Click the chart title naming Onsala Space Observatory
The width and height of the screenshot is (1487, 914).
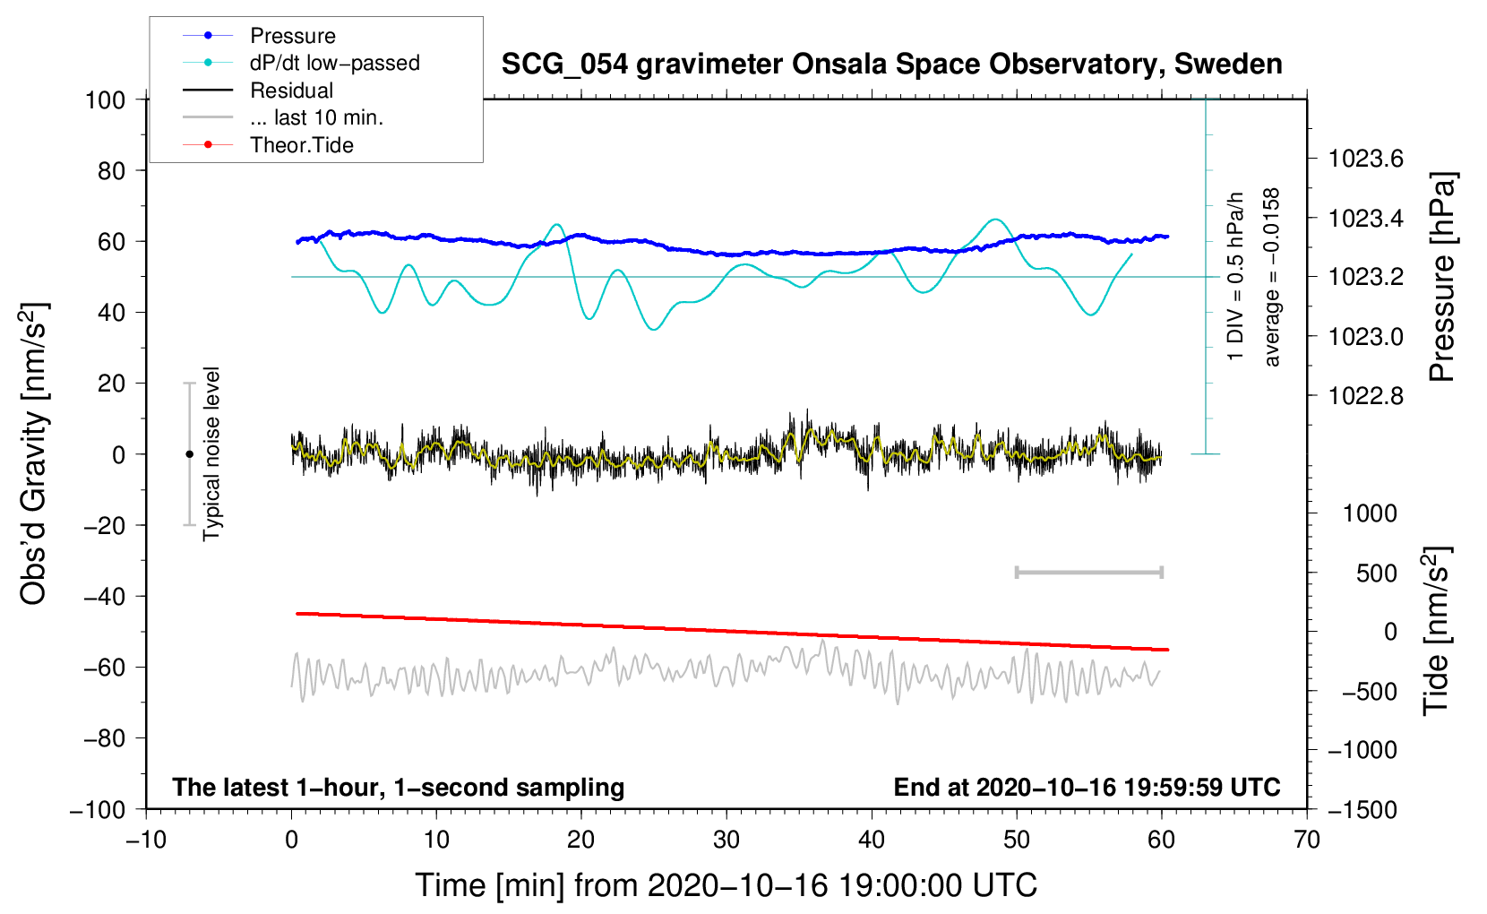coord(891,65)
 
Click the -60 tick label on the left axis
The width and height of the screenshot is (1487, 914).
coord(105,668)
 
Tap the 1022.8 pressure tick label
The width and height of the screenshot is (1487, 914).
coord(1365,397)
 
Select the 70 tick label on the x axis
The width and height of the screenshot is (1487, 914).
coord(1306,841)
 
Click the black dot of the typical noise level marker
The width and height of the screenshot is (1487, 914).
coord(189,454)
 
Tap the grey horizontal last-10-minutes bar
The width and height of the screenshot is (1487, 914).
coord(1088,573)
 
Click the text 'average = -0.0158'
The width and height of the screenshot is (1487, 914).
coord(1270,277)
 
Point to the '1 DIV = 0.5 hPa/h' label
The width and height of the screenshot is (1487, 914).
coord(1234,276)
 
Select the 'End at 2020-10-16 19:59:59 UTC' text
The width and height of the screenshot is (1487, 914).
coord(1087,787)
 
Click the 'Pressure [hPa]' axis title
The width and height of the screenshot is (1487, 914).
coord(1441,277)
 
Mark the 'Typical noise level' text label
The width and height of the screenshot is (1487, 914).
coord(211,454)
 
